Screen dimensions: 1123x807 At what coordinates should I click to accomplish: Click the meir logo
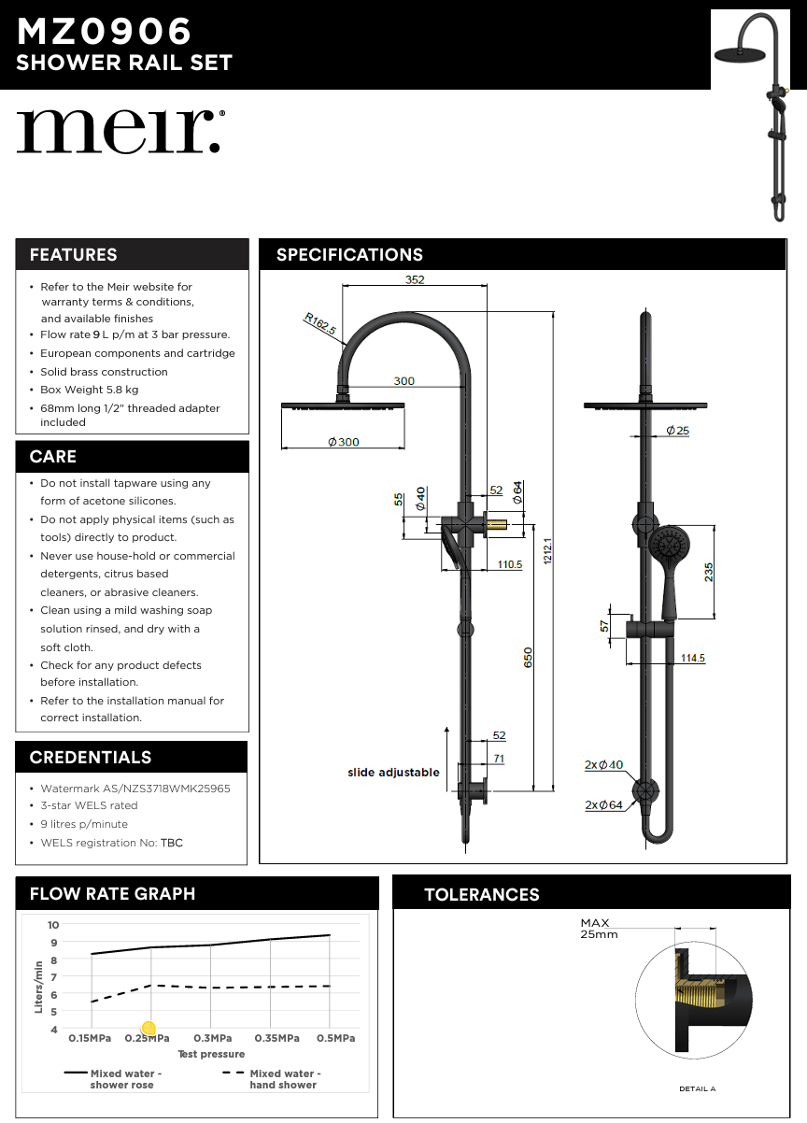(x=120, y=131)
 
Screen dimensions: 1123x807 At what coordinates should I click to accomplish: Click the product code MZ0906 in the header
(x=104, y=33)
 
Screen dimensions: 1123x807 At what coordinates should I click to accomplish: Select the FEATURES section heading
(x=73, y=255)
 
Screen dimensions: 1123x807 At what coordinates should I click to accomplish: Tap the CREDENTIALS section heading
(x=90, y=758)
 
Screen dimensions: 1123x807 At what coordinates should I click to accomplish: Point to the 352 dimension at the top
(x=415, y=279)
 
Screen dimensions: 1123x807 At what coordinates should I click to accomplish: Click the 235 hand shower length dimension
(x=709, y=572)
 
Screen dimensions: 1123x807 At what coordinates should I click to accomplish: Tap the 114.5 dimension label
(x=692, y=659)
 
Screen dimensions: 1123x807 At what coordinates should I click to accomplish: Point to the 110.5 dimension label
(x=509, y=564)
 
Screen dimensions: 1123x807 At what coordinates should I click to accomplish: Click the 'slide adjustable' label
(x=393, y=773)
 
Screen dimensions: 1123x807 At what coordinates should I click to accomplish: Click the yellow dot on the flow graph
(x=148, y=1029)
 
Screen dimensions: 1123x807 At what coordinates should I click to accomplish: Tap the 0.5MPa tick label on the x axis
(x=334, y=1038)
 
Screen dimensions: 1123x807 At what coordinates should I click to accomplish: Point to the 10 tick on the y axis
(x=53, y=925)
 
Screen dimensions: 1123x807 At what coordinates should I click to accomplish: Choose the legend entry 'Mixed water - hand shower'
(x=284, y=1079)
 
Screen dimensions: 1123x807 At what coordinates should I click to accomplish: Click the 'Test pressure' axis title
(x=211, y=1054)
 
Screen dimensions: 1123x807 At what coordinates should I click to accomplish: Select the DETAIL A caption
(x=697, y=1088)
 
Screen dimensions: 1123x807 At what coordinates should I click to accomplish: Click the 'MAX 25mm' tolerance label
(x=598, y=929)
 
